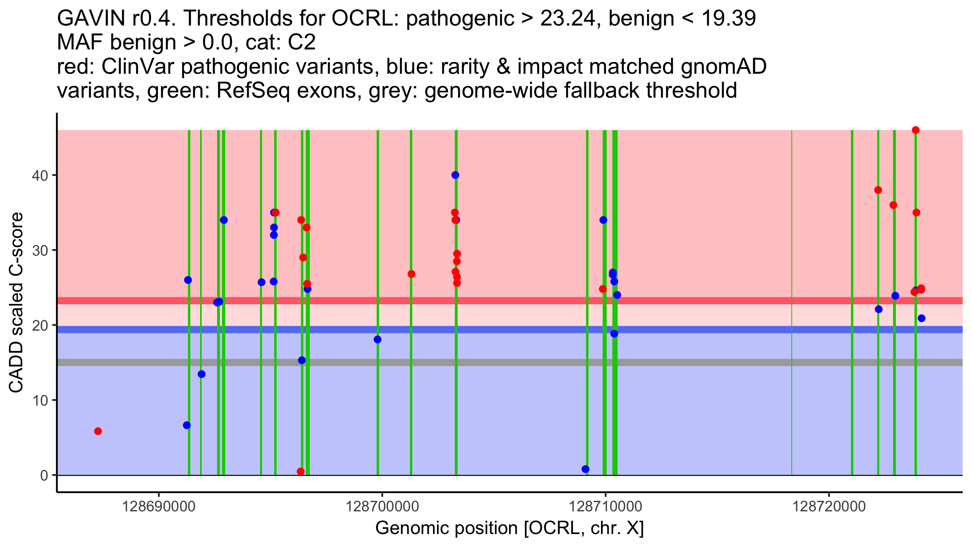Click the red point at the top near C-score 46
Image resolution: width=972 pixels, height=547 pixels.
click(x=916, y=130)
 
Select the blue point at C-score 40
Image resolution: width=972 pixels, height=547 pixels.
click(x=455, y=175)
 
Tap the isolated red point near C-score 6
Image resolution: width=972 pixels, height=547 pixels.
click(x=98, y=431)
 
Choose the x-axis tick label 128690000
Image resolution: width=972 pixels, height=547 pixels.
click(x=159, y=506)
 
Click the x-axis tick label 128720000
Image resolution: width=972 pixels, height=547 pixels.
click(x=829, y=506)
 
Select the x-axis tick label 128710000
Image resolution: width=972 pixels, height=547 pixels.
click(x=605, y=506)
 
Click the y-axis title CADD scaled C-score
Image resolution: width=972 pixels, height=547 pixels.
click(x=16, y=303)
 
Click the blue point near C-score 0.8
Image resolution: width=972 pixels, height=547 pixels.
click(x=585, y=469)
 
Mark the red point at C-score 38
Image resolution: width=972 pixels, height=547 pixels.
click(x=878, y=190)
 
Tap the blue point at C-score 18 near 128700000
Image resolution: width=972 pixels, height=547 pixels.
click(x=377, y=340)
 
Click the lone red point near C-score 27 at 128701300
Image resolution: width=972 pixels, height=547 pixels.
click(x=411, y=274)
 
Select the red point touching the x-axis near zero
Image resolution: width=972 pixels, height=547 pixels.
click(x=301, y=472)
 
